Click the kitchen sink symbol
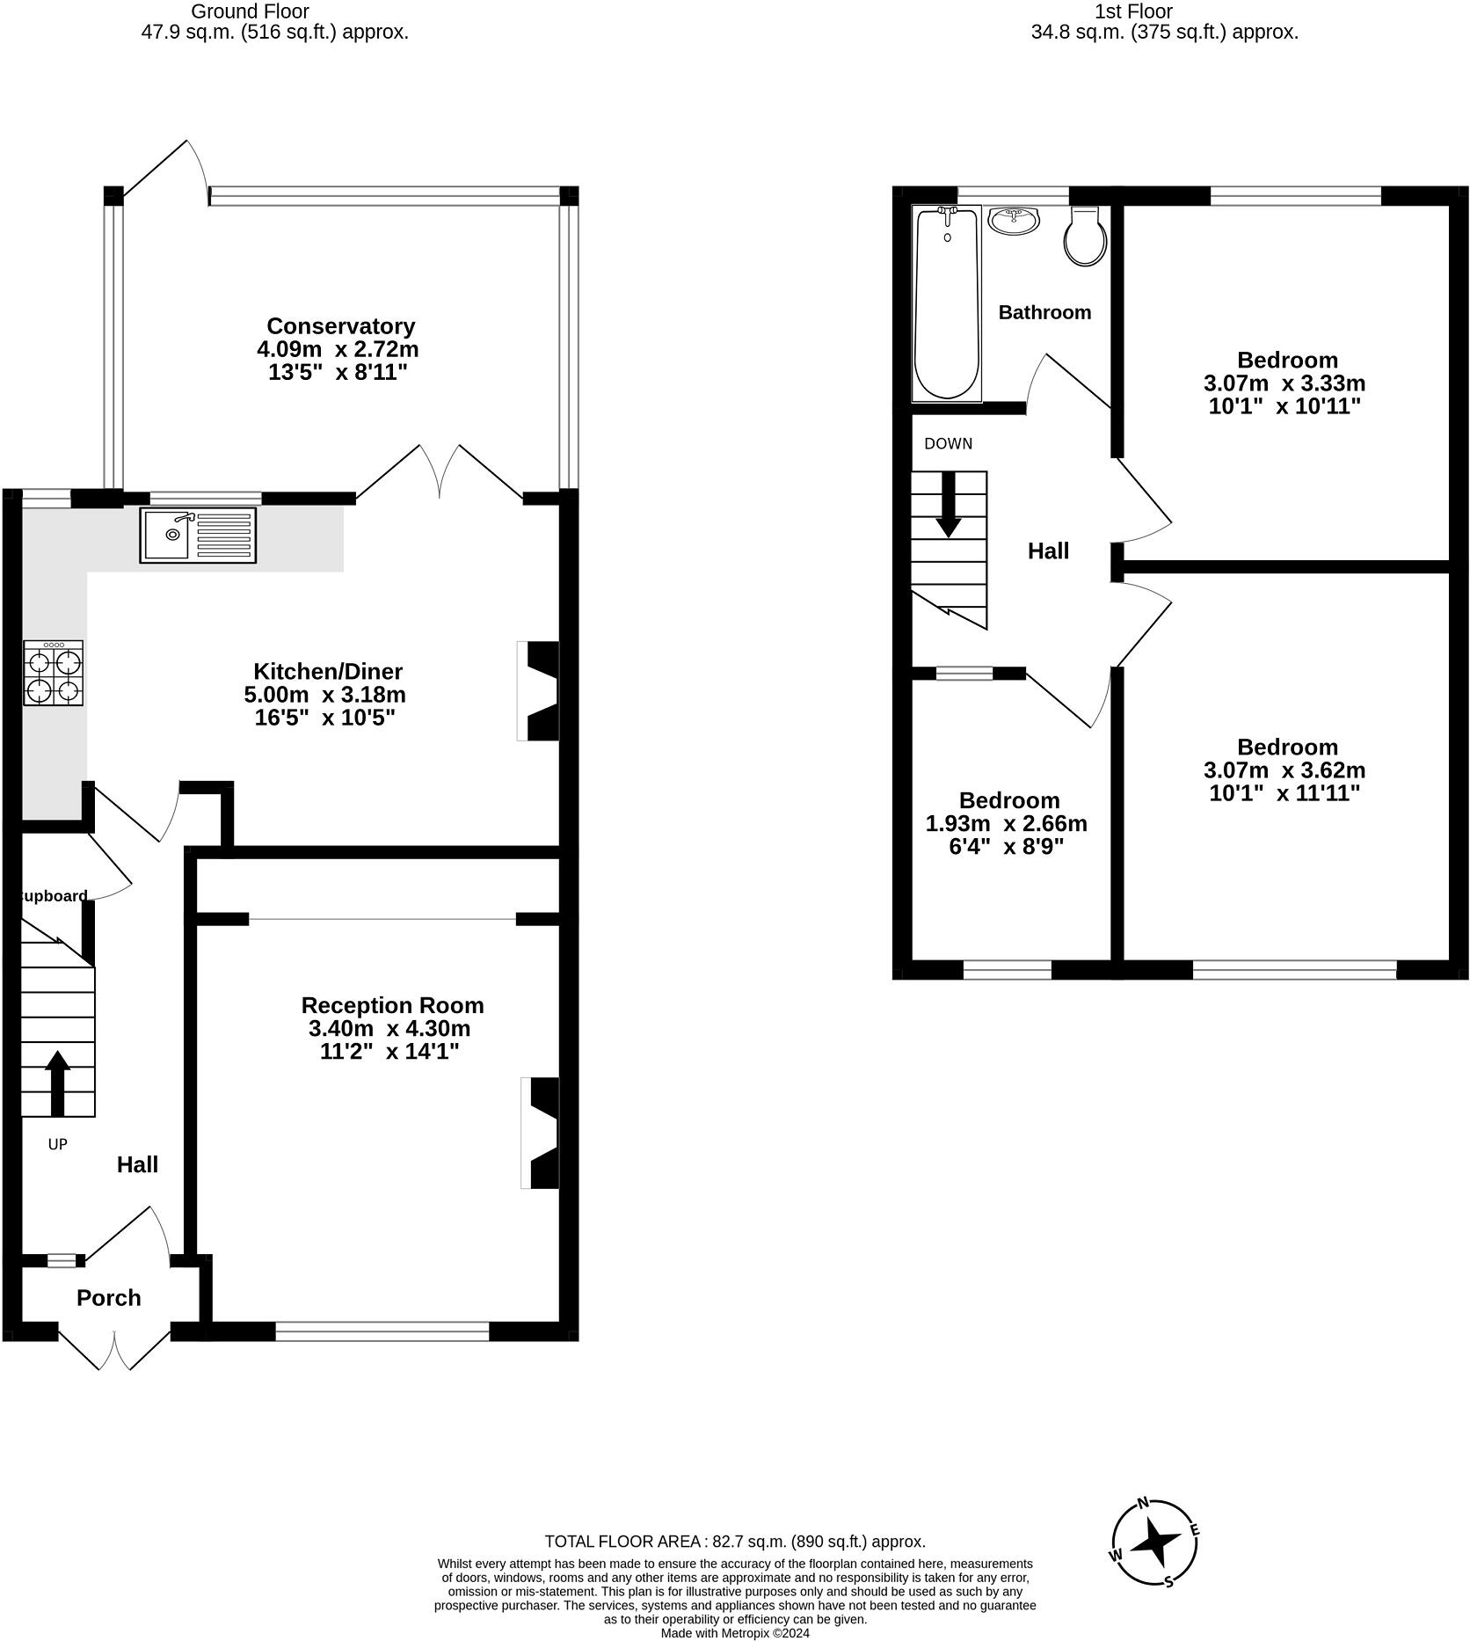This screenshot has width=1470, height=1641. tap(198, 535)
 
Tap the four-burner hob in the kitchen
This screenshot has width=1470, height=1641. tap(54, 673)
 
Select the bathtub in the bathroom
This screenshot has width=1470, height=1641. tap(947, 303)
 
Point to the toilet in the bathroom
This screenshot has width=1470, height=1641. tap(1085, 236)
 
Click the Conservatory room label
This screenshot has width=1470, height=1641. tap(340, 326)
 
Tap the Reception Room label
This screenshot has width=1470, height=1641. tap(392, 1005)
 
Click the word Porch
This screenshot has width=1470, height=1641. tap(109, 1298)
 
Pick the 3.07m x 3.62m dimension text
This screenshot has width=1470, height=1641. tap(1284, 770)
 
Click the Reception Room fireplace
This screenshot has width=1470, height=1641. tap(541, 1133)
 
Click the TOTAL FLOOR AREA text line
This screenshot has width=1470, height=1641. tap(735, 1541)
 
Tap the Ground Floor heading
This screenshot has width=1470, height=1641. tap(250, 11)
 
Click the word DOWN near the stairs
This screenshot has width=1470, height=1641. tap(948, 443)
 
